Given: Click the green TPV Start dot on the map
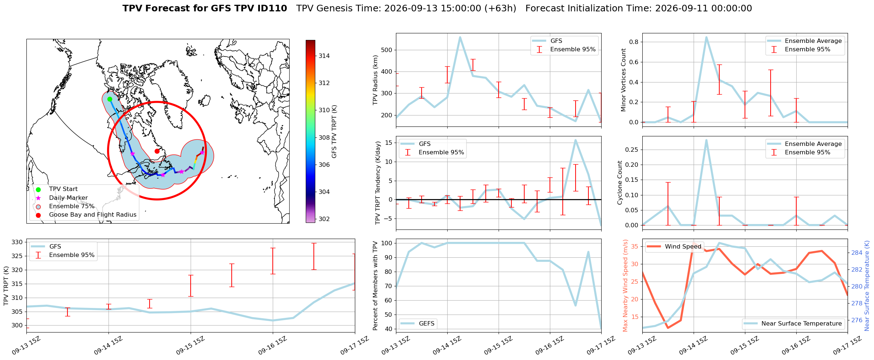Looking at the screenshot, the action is [x=110, y=99].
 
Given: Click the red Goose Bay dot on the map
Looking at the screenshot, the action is [x=157, y=151].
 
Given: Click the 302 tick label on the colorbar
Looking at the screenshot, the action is [x=324, y=219].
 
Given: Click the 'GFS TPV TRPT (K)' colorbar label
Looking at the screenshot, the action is [x=334, y=132].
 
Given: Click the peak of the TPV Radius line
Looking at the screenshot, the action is [x=460, y=37].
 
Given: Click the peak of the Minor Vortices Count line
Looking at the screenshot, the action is [x=706, y=37].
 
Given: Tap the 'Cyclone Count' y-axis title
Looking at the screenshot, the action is [x=620, y=183].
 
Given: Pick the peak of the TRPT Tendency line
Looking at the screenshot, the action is [x=576, y=140].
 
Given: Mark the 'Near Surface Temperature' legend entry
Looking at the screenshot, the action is [x=793, y=323].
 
